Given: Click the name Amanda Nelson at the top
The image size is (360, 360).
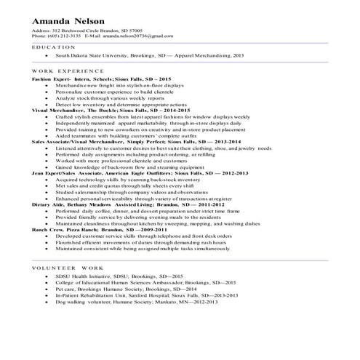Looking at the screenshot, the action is point(68,19).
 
